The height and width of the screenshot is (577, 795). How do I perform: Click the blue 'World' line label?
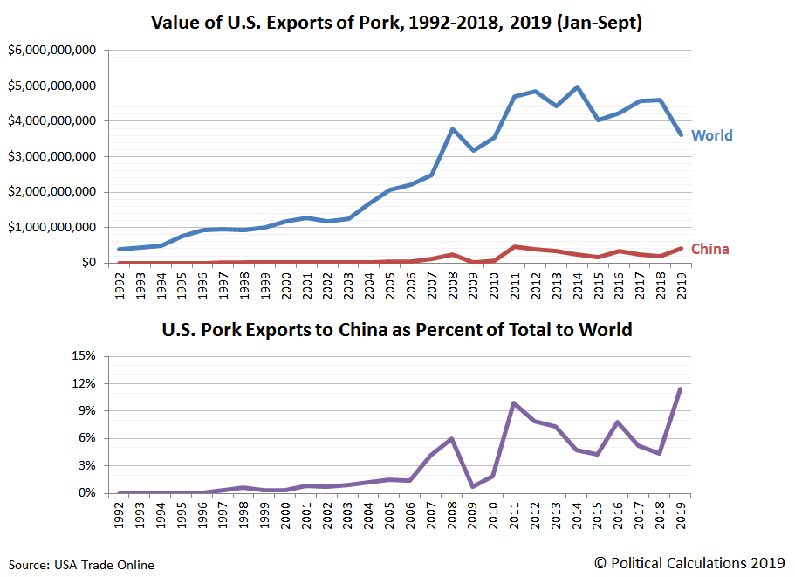pyautogui.click(x=711, y=135)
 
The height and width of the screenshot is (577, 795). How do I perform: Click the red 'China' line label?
pyautogui.click(x=709, y=249)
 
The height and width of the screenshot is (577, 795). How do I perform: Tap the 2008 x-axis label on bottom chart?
pyautogui.click(x=451, y=514)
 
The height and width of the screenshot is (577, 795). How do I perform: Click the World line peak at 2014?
pyautogui.click(x=576, y=87)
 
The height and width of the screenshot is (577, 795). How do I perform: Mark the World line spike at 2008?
pyautogui.click(x=451, y=129)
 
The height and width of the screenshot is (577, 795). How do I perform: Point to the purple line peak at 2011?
pyautogui.click(x=514, y=403)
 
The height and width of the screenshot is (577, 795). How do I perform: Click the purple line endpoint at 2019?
pyautogui.click(x=680, y=389)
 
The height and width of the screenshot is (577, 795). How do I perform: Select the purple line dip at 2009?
pyautogui.click(x=472, y=486)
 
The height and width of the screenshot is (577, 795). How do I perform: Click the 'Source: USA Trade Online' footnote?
pyautogui.click(x=82, y=565)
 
